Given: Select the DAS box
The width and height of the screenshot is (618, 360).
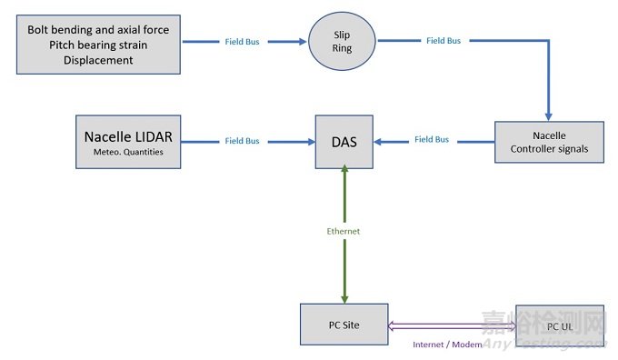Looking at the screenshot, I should [x=344, y=141].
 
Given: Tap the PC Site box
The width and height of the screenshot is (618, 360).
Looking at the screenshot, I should [x=344, y=325].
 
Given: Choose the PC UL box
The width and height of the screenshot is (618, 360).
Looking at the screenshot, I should [x=559, y=325].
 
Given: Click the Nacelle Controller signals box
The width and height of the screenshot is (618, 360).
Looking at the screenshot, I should [x=549, y=141].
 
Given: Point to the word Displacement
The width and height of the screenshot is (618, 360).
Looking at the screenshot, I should [x=98, y=61].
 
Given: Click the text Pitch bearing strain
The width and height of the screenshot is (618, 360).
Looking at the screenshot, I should [x=98, y=45].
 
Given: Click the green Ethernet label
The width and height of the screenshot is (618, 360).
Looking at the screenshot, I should [x=344, y=231].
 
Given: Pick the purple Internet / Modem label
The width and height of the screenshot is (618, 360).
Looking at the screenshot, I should [x=447, y=345].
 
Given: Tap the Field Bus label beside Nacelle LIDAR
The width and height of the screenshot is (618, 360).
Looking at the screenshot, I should [x=241, y=141].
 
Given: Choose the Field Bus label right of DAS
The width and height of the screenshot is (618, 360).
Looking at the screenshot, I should [x=432, y=139].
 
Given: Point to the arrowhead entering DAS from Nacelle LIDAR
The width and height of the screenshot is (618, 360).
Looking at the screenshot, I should [x=309, y=141].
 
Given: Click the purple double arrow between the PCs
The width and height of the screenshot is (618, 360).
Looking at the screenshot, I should [x=452, y=325].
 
